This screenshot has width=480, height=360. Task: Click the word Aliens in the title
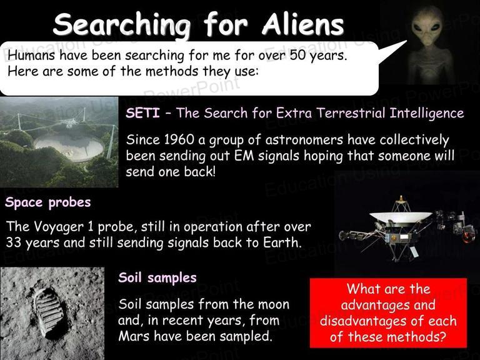(x=302, y=24)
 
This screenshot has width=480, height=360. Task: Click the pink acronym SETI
(x=142, y=113)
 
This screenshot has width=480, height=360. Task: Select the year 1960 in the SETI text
(x=179, y=140)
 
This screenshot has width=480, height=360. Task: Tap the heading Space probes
(x=48, y=202)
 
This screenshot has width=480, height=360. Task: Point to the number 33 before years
(x=14, y=242)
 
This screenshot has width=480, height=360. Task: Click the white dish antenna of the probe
(x=401, y=216)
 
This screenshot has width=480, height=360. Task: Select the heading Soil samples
(x=157, y=278)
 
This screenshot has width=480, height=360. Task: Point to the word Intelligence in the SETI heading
(x=427, y=113)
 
